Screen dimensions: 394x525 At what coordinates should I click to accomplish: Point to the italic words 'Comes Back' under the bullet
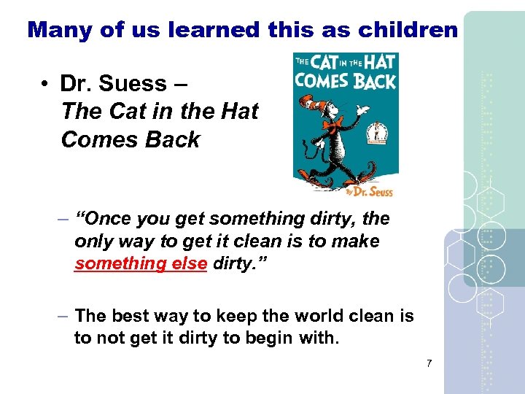point(131,139)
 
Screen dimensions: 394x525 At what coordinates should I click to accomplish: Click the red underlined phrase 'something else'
point(141,263)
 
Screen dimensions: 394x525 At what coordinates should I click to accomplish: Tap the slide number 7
point(430,363)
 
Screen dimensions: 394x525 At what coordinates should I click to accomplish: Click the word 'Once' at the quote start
point(110,218)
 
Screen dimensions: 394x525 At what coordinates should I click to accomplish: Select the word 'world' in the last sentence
point(316,316)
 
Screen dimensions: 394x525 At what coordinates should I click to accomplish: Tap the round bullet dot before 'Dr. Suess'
point(45,85)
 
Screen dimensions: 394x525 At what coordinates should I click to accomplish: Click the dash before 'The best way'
point(63,316)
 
